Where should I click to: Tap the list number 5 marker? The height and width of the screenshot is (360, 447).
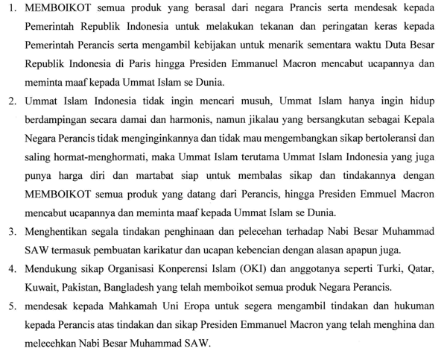tap(11, 306)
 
